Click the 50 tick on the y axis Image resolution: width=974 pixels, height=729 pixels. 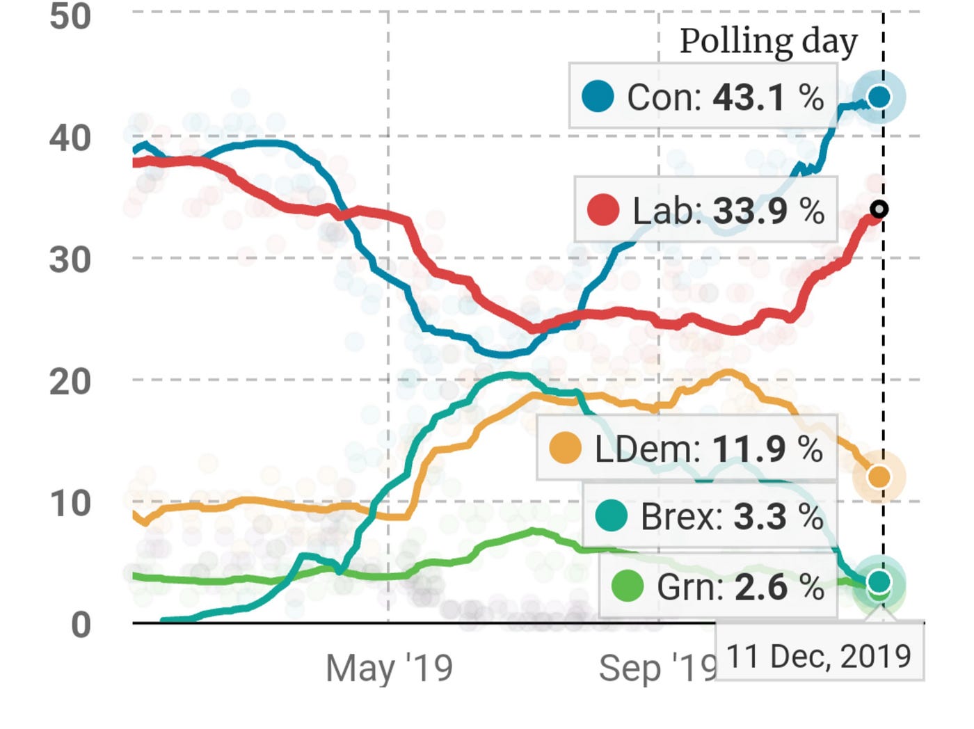click(x=70, y=16)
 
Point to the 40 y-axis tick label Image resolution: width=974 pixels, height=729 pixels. click(x=70, y=138)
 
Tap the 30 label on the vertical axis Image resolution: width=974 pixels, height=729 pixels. click(x=70, y=260)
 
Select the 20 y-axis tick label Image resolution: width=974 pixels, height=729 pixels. click(x=70, y=382)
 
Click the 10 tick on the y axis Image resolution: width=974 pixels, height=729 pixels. click(x=70, y=504)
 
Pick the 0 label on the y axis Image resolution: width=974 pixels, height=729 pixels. click(x=81, y=625)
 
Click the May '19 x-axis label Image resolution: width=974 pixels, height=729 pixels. click(x=389, y=668)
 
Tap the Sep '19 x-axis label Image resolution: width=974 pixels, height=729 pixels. click(x=657, y=668)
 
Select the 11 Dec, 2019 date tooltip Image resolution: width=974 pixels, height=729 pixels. click(x=819, y=656)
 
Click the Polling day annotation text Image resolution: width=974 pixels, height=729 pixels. click(x=768, y=42)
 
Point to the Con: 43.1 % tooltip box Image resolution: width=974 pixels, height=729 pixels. click(x=703, y=96)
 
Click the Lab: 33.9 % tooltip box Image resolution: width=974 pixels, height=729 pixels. click(x=705, y=210)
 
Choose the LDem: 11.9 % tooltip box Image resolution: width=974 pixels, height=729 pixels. click(x=686, y=449)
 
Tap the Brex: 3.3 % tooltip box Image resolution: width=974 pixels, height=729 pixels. click(x=709, y=516)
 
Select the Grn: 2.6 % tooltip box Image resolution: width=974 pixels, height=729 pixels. click(x=717, y=586)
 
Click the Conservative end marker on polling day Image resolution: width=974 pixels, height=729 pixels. click(x=879, y=97)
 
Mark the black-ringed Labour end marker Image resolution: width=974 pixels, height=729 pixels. click(x=879, y=209)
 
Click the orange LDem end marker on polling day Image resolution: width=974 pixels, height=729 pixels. click(x=879, y=477)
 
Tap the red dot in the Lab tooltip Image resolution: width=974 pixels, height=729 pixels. click(x=603, y=210)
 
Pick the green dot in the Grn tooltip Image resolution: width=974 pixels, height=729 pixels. click(x=627, y=586)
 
